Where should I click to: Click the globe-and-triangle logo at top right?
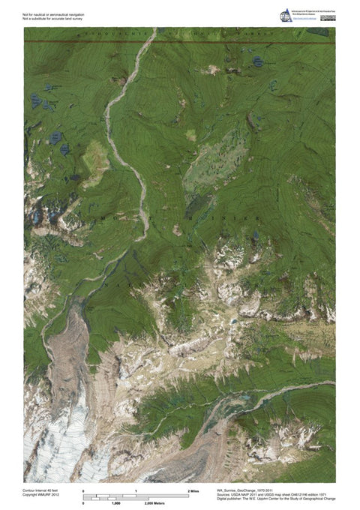point(286,15)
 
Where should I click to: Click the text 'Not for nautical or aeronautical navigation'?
point(52,12)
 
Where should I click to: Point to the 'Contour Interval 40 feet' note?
point(42,490)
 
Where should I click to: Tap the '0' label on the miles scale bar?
point(84,490)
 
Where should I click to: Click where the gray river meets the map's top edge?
point(154,29)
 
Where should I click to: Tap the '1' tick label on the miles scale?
point(136,490)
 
